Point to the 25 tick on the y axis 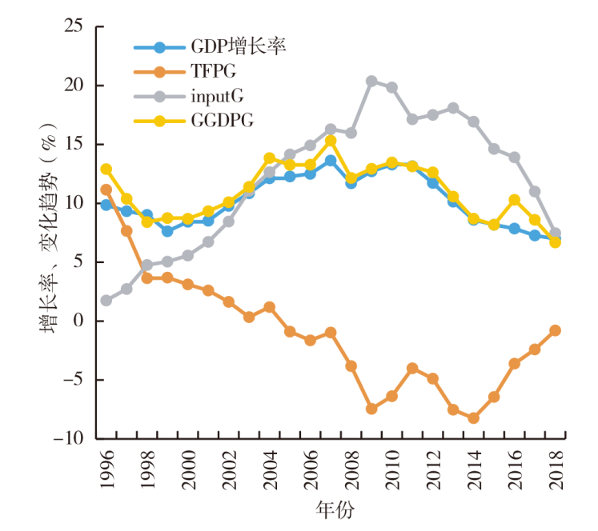pyautogui.click(x=74, y=26)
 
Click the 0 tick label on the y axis pyautogui.click(x=78, y=321)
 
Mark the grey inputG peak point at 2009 pyautogui.click(x=371, y=81)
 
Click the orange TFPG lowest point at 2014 pyautogui.click(x=473, y=417)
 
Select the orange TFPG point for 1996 pyautogui.click(x=106, y=190)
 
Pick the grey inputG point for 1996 pyautogui.click(x=106, y=300)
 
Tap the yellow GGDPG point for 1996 pyautogui.click(x=106, y=169)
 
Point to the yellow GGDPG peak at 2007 pyautogui.click(x=331, y=141)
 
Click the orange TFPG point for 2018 pyautogui.click(x=555, y=330)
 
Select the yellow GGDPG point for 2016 pyautogui.click(x=514, y=200)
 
